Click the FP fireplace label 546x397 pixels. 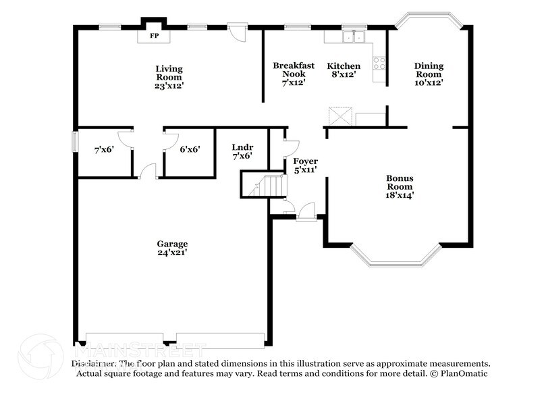click(x=154, y=35)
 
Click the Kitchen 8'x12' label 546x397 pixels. click(x=344, y=70)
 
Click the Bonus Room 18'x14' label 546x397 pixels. click(x=400, y=187)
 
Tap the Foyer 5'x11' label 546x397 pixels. click(x=305, y=166)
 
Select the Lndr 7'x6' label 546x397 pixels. click(x=242, y=151)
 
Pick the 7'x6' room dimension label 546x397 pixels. click(x=105, y=151)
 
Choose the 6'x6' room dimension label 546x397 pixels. click(x=189, y=151)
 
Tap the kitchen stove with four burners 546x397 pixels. click(x=379, y=63)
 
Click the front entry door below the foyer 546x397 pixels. click(x=306, y=211)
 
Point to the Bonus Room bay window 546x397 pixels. click(x=397, y=256)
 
